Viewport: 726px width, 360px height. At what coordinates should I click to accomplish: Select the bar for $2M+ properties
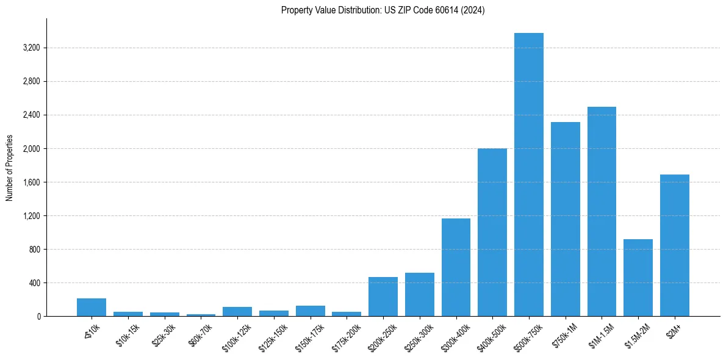pyautogui.click(x=675, y=245)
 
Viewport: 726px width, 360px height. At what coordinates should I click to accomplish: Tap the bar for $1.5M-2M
pyautogui.click(x=638, y=278)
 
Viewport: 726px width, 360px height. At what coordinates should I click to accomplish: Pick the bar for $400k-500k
pyautogui.click(x=492, y=232)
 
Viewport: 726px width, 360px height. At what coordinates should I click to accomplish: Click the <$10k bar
pyautogui.click(x=92, y=308)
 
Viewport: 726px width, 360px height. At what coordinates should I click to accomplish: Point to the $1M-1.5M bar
pyautogui.click(x=602, y=211)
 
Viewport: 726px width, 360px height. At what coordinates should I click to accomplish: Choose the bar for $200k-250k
pyautogui.click(x=383, y=297)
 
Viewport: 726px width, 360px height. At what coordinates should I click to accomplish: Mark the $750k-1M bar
pyautogui.click(x=566, y=219)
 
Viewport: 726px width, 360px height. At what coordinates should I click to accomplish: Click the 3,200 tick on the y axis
pyautogui.click(x=31, y=48)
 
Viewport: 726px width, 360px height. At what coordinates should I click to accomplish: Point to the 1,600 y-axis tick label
pyautogui.click(x=31, y=182)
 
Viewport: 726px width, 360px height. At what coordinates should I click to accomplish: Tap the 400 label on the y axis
pyautogui.click(x=34, y=283)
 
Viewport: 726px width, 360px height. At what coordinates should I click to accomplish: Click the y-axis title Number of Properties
pyautogui.click(x=10, y=168)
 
